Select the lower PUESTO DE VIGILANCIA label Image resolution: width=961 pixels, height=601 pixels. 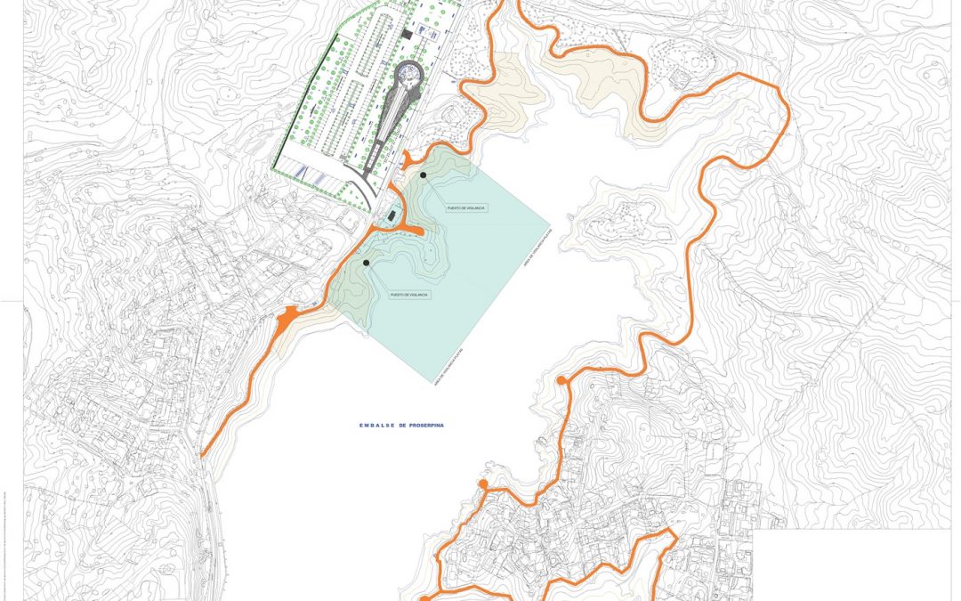409,293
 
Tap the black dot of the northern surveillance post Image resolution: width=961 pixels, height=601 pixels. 424,175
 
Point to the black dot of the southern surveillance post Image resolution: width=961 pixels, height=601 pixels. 367,263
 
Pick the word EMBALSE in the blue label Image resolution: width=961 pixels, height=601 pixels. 372,426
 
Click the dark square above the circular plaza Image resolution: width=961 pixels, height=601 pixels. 407,34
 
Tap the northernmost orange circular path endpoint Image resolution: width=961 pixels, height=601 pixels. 561,381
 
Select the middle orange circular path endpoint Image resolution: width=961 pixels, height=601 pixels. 483,484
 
